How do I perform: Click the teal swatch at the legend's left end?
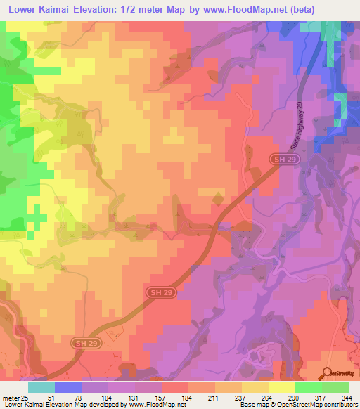pos(41,388)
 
